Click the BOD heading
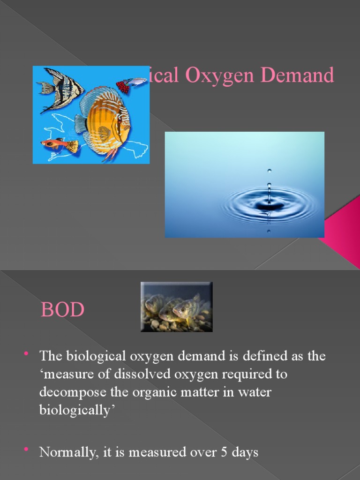62,310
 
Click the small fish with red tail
131,84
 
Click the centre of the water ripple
269,205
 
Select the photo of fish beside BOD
177,307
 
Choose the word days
245,453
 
